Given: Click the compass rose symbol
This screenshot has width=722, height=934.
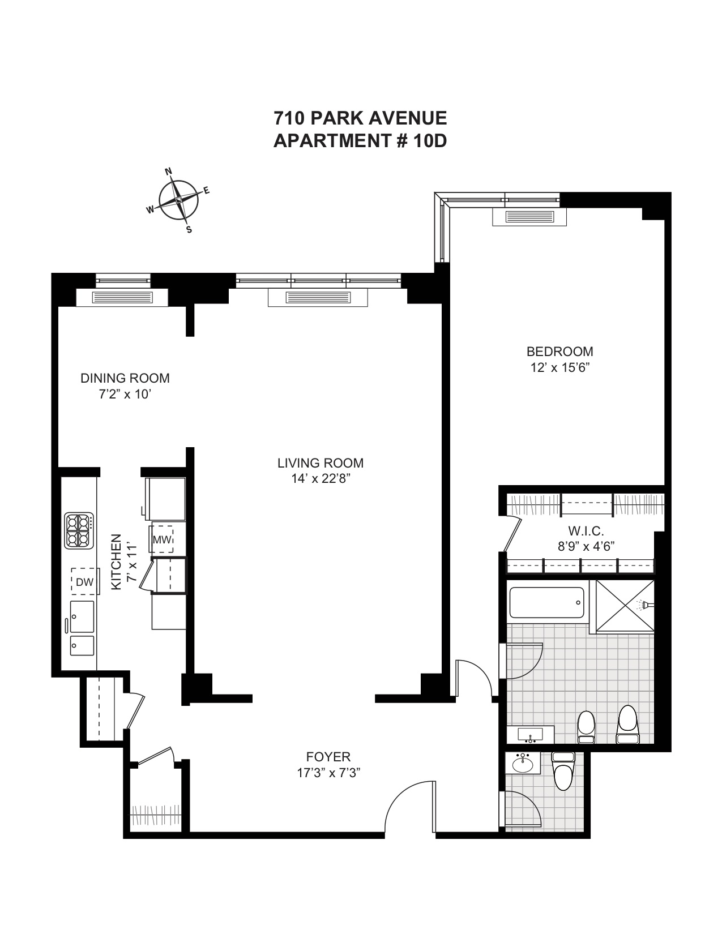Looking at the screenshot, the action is (178, 200).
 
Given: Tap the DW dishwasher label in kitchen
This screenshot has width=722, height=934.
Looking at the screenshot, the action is (85, 582).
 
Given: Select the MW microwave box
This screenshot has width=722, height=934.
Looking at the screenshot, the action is (162, 539).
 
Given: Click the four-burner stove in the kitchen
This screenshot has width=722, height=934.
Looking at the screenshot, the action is (79, 530).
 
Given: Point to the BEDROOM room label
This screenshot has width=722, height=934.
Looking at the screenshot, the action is (559, 352).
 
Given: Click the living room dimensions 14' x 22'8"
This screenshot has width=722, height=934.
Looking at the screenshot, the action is (321, 479).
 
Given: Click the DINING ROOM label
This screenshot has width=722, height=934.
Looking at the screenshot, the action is (125, 378).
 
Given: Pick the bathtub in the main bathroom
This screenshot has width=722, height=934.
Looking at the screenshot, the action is (546, 603).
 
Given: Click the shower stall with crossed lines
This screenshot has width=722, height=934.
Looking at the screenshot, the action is (625, 606).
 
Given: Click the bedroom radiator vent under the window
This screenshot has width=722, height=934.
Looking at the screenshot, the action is (529, 217).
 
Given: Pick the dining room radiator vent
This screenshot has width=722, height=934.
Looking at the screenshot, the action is (122, 297).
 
